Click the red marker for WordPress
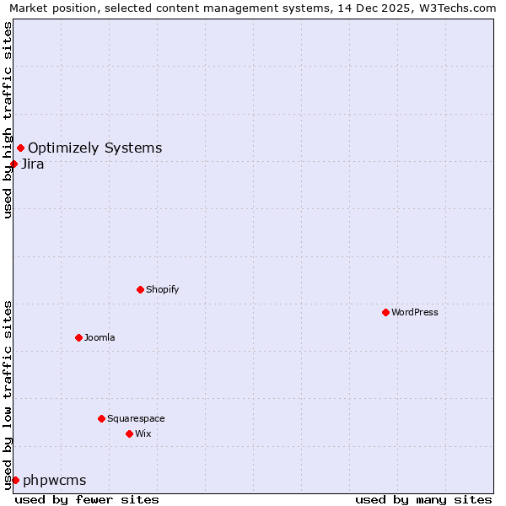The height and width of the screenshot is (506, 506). (385, 312)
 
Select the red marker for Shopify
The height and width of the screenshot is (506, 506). (140, 289)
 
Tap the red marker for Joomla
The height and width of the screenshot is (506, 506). (78, 337)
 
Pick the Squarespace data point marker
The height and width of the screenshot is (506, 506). (101, 418)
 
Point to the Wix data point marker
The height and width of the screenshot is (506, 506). (129, 433)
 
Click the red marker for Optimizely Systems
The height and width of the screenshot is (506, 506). (20, 148)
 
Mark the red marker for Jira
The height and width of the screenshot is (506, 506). (13, 164)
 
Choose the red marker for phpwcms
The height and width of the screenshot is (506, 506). (15, 480)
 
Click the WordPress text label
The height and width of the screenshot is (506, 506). (415, 312)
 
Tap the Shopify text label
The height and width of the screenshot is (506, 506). (163, 289)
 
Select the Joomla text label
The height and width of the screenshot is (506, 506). (100, 337)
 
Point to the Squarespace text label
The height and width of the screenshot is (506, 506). (136, 418)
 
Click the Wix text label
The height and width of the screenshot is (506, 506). (143, 433)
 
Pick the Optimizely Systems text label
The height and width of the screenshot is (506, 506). (95, 148)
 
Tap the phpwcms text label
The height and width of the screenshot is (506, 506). (55, 481)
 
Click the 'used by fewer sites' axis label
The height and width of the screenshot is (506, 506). (87, 499)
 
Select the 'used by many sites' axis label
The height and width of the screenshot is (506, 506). (423, 499)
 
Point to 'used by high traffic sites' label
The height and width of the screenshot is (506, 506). (8, 121)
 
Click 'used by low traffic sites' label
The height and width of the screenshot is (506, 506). (8, 395)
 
